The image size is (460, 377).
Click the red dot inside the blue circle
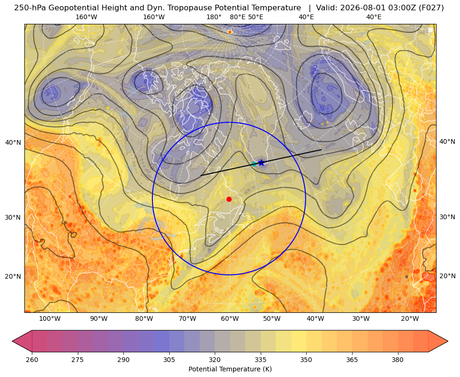229,199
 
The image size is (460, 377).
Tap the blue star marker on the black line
261,163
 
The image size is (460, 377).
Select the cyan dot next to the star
254,164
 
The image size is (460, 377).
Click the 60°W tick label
230,318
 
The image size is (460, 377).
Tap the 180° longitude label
214,17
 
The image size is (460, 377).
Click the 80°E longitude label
237,17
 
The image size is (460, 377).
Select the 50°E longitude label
256,17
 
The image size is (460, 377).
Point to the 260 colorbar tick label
32,359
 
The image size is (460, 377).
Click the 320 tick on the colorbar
215,359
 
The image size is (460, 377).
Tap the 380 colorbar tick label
398,359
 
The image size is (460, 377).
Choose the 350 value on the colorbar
306,359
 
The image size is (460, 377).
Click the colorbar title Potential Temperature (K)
230,369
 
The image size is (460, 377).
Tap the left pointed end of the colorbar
12,341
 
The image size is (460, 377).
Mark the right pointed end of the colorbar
448,341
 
